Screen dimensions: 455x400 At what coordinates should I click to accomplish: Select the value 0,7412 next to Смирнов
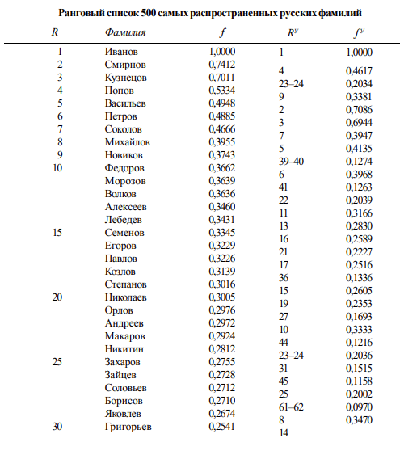pos(222,65)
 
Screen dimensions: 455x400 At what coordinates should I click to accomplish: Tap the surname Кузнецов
pos(127,78)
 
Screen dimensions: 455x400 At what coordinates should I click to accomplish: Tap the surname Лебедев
pos(125,220)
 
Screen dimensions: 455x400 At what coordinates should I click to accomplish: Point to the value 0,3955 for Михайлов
pos(222,142)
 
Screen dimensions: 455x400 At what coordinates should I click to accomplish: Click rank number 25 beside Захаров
pos(57,362)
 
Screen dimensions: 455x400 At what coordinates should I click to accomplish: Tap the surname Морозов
pos(126,181)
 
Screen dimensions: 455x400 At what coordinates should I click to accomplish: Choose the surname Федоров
pos(126,168)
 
